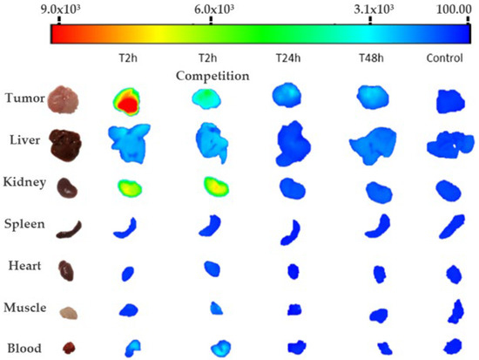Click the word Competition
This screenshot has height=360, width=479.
[x=212, y=76]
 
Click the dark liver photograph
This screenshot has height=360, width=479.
[x=66, y=143]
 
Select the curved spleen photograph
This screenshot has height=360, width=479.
[x=69, y=229]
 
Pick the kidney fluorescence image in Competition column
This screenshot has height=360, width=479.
[x=215, y=187]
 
